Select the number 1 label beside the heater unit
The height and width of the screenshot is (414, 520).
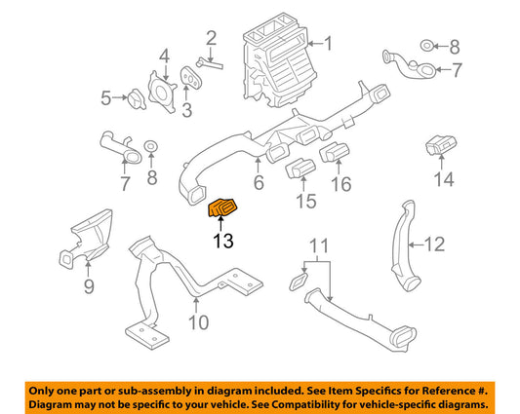click(x=328, y=43)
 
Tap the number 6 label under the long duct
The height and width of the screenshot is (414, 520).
click(x=259, y=183)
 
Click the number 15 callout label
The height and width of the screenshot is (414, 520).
click(x=306, y=202)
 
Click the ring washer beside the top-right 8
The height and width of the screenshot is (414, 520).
click(x=428, y=46)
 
